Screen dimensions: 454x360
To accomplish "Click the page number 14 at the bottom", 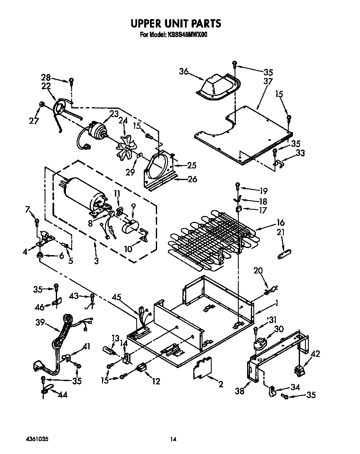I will [173, 439].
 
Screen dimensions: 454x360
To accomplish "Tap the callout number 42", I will [315, 354].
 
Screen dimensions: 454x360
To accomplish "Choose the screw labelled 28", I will [72, 80].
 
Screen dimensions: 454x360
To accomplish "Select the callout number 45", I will [117, 298].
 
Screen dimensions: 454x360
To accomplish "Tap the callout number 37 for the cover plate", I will [268, 81].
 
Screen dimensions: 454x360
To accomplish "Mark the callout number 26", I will [192, 180].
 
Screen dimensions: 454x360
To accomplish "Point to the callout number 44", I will [63, 394].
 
